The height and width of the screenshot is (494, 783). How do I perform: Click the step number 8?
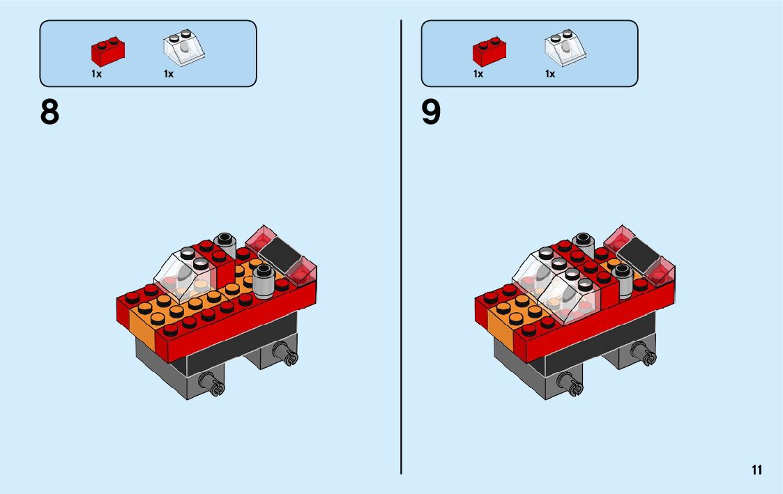(x=50, y=112)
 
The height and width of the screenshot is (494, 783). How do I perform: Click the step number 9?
(x=431, y=112)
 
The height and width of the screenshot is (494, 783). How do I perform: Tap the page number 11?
(x=757, y=470)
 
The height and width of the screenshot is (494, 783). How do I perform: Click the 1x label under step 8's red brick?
(x=96, y=74)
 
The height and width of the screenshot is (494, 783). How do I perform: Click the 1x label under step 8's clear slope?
(x=169, y=74)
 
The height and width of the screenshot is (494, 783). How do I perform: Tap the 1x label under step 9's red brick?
(x=478, y=74)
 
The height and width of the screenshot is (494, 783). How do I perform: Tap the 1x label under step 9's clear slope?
(x=550, y=74)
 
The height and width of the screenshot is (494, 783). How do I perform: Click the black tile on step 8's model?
(x=282, y=254)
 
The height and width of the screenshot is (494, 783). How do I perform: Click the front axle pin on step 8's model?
(x=213, y=383)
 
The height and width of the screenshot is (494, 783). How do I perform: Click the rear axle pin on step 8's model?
(x=287, y=354)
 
